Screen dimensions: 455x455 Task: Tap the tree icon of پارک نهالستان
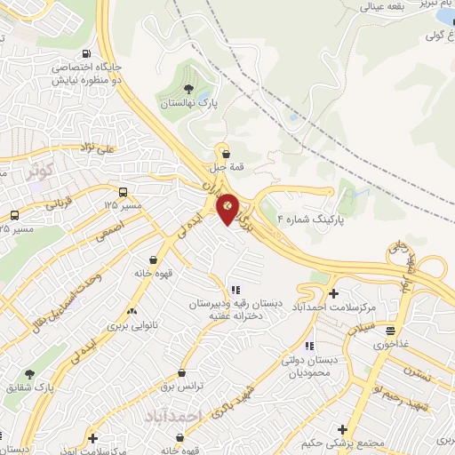(188, 88)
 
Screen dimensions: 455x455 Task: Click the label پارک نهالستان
(188, 103)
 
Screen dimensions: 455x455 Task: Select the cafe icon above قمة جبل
(225, 151)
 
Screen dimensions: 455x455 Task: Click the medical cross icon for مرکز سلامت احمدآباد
(333, 292)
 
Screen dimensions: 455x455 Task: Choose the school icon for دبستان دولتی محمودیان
(308, 346)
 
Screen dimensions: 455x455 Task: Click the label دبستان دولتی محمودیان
(312, 365)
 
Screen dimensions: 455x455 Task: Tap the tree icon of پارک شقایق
(30, 374)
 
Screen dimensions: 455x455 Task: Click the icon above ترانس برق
(182, 373)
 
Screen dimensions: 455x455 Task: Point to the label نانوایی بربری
(133, 326)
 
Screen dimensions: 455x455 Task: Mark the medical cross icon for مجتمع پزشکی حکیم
(342, 429)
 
